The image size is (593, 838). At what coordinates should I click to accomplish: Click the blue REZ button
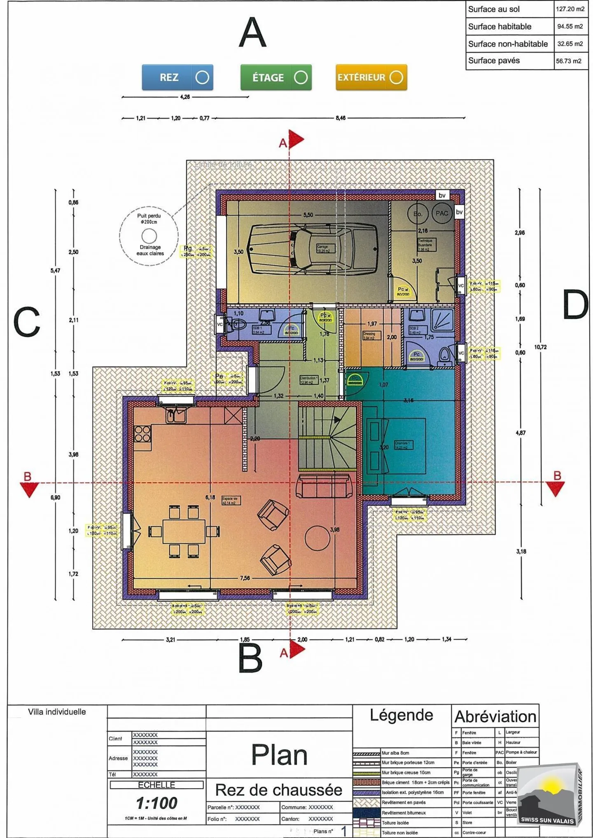coord(177,77)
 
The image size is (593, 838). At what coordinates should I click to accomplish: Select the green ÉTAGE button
coord(276,77)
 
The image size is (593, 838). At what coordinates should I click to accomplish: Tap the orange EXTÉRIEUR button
coord(371,77)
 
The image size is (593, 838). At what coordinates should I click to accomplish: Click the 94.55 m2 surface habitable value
coord(570,26)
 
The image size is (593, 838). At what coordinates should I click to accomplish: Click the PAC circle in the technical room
coord(441,213)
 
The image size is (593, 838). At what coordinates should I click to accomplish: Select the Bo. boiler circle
coord(418,214)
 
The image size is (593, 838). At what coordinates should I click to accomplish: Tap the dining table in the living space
coord(184,532)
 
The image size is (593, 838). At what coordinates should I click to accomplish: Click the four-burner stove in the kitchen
coord(142,434)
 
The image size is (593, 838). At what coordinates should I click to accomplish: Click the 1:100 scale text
coord(156,803)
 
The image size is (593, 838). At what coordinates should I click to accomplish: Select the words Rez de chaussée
coord(279,790)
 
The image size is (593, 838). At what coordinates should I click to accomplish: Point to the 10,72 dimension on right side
coord(540,347)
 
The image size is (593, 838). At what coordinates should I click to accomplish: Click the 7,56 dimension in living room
coord(245,578)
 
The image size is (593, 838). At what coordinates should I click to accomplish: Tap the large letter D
coord(575,305)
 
